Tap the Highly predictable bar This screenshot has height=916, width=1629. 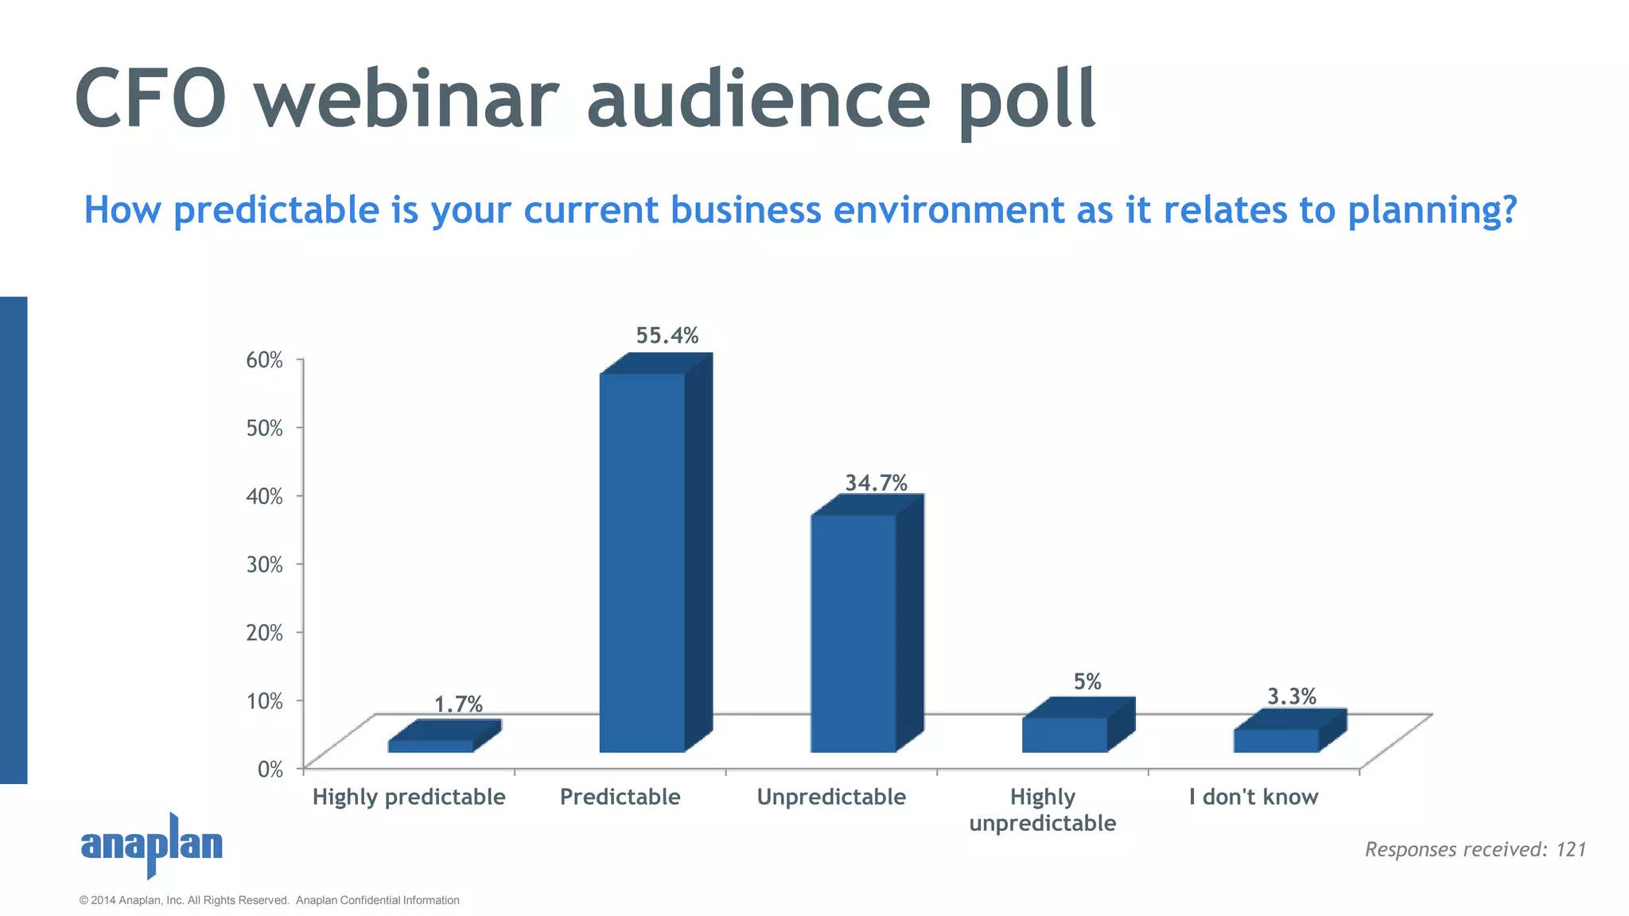[x=431, y=746]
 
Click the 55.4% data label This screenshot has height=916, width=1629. [x=667, y=336]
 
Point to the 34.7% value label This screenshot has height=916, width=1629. [x=876, y=483]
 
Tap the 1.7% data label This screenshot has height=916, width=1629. [x=458, y=704]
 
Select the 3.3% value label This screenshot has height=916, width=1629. [x=1291, y=697]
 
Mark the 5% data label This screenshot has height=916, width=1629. [x=1087, y=681]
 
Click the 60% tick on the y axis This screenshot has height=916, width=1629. [x=264, y=360]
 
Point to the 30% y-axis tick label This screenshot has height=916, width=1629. [x=264, y=565]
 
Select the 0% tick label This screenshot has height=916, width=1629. [x=270, y=769]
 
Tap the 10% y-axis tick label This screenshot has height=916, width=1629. [x=264, y=701]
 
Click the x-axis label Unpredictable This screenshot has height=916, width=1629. [x=831, y=797]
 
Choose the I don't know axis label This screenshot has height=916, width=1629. [x=1254, y=797]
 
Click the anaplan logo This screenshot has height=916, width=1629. [x=152, y=844]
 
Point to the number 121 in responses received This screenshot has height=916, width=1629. [x=1571, y=849]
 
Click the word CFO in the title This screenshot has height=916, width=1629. [x=151, y=99]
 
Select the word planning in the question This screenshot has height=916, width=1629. [x=1432, y=211]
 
